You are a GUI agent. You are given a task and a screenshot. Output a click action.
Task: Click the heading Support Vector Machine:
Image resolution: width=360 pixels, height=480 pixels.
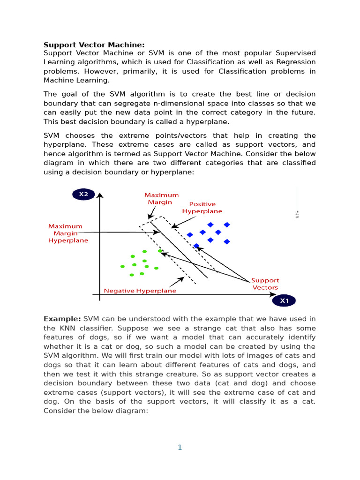tap(94, 45)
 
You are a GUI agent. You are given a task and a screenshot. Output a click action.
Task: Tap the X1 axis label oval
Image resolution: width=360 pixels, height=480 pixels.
tap(284, 301)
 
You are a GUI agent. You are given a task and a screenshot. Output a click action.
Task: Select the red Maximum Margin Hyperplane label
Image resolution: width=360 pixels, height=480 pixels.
tap(68, 233)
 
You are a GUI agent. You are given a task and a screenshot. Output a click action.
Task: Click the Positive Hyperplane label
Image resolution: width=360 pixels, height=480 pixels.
tap(202, 208)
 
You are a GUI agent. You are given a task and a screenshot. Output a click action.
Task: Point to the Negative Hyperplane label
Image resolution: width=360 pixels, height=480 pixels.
tap(140, 291)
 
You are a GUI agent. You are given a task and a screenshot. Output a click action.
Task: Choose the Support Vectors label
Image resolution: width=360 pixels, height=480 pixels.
tap(265, 284)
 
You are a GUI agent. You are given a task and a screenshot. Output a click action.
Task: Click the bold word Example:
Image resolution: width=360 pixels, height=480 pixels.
tap(62, 319)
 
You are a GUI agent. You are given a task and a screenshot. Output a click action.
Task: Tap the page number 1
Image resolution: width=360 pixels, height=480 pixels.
tap(180, 447)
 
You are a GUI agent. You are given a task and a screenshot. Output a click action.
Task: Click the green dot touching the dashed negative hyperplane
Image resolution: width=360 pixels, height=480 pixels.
tap(160, 251)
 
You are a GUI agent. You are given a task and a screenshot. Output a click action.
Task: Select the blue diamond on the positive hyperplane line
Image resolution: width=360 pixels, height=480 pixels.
tap(196, 246)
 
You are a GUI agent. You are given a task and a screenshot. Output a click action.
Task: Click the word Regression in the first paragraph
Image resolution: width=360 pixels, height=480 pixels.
tap(295, 62)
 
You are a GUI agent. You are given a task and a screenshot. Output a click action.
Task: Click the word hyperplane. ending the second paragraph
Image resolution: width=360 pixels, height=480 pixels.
tap(210, 121)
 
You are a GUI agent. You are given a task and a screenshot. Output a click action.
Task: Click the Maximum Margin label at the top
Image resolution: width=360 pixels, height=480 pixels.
tap(161, 199)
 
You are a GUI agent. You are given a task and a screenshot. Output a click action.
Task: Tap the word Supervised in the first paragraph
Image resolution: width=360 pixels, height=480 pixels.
tap(291, 53)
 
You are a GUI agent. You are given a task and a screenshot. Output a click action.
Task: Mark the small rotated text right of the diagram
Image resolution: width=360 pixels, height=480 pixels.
tap(297, 214)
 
